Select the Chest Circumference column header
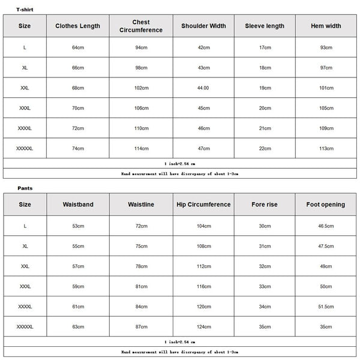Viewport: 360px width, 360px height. (141, 26)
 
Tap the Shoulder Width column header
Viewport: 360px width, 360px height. (203, 26)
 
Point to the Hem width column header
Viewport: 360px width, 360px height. (326, 26)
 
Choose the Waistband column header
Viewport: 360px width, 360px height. (78, 205)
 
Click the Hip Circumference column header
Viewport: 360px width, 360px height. (203, 205)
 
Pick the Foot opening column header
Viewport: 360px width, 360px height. (326, 205)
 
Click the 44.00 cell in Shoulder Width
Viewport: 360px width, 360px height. (203, 88)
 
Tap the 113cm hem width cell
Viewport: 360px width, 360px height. (326, 148)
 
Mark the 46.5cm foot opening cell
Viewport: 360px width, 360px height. (326, 226)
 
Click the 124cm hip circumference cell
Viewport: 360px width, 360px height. (203, 327)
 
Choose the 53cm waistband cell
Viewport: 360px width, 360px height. (78, 226)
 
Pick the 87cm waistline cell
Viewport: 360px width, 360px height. (141, 327)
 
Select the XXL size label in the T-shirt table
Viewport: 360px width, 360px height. (25, 88)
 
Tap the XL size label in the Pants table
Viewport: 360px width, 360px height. (25, 246)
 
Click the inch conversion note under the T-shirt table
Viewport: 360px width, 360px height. (180, 163)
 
